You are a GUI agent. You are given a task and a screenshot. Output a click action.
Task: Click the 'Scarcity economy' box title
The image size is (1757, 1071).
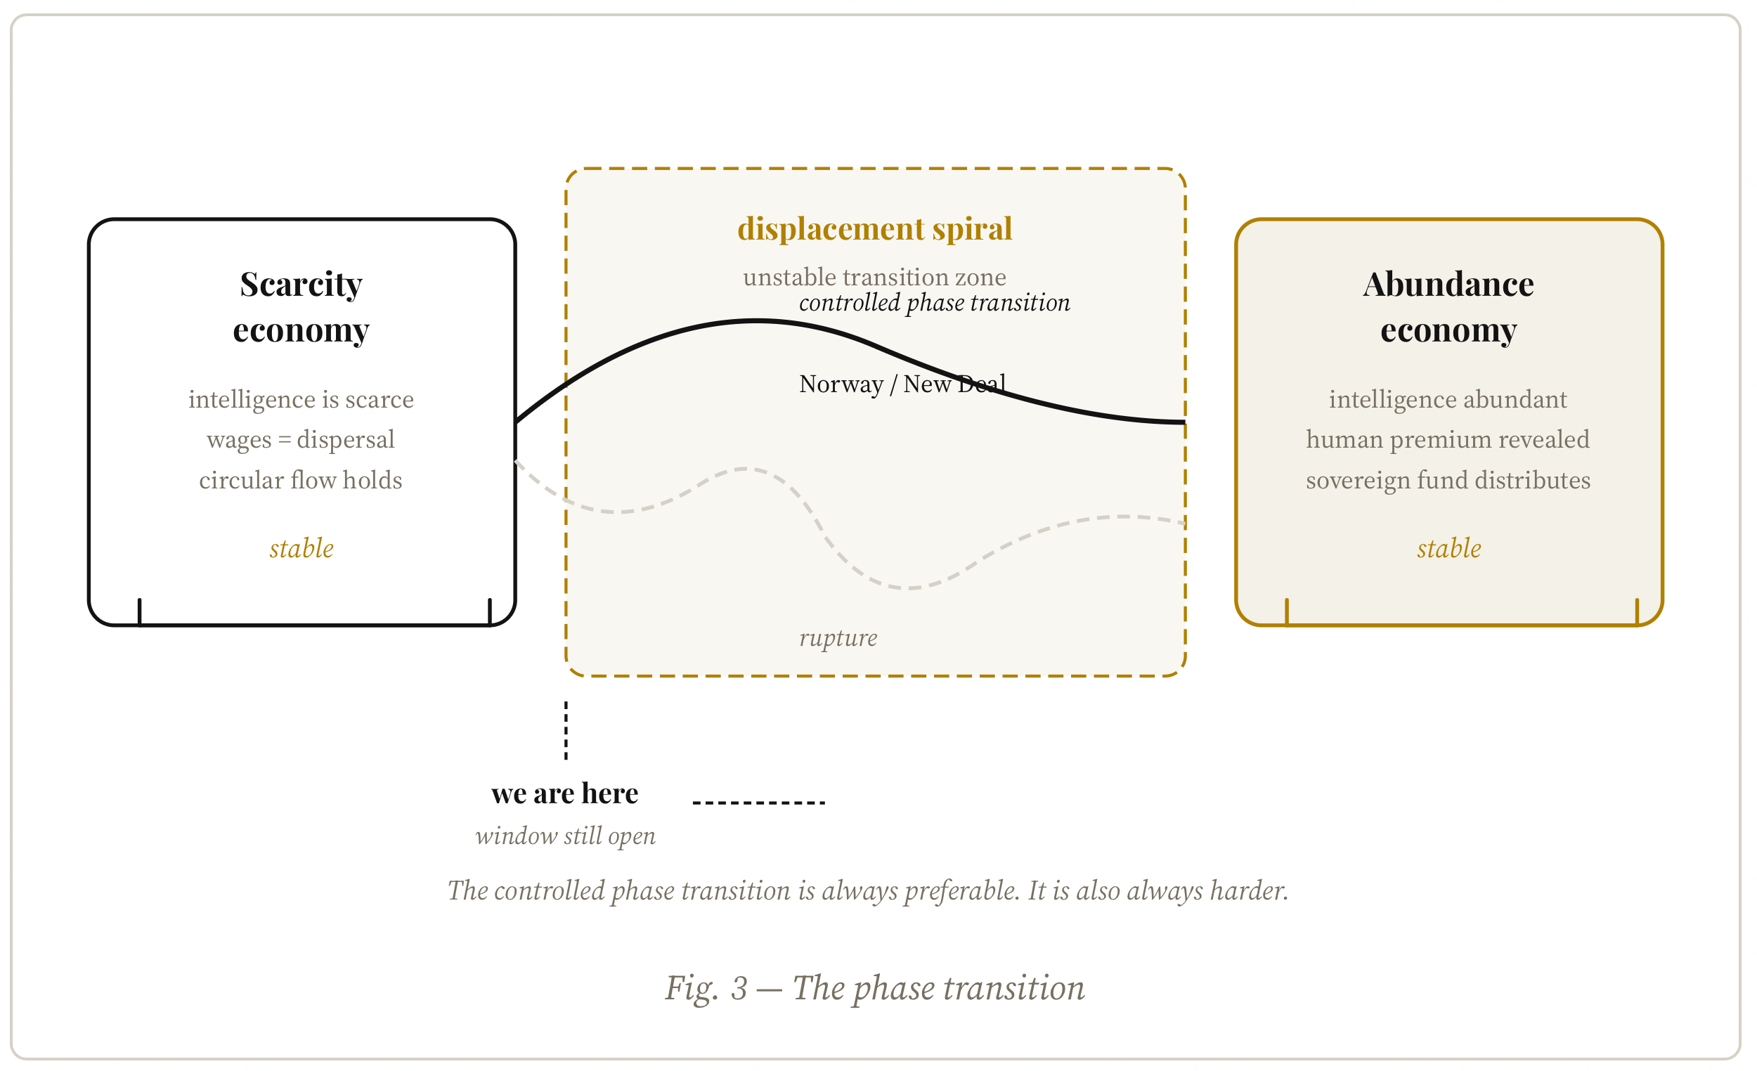point(301,306)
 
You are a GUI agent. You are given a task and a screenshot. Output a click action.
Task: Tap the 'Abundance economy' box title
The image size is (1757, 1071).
point(1448,306)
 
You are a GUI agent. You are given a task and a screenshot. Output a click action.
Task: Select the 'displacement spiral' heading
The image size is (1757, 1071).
point(875,229)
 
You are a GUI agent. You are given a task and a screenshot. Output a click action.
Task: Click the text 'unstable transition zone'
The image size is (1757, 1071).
point(874,277)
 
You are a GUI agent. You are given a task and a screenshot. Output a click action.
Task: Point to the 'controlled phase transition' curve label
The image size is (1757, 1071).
point(934,303)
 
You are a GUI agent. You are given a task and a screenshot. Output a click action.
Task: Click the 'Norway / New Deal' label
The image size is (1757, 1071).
point(902,384)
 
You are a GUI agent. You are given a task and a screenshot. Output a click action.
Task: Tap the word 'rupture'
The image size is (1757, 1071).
point(838,637)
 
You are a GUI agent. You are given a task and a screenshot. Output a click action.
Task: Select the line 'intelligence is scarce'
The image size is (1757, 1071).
point(301,399)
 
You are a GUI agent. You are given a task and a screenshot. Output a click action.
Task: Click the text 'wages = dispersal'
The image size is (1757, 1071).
point(301,440)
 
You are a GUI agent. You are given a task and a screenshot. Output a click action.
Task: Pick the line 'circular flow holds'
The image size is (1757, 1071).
point(301,481)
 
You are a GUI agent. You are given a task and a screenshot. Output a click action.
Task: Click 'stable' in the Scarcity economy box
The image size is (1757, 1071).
point(302,548)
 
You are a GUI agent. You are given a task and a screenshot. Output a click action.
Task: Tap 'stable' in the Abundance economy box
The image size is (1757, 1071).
point(1449,548)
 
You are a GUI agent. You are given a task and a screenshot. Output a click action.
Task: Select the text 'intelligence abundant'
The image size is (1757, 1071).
point(1448,399)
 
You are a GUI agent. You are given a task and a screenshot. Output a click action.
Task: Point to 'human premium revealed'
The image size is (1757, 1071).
point(1448,440)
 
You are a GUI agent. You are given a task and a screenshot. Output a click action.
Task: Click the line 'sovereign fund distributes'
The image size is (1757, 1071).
point(1448,481)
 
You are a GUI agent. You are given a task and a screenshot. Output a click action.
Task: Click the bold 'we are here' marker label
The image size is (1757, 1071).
point(565,793)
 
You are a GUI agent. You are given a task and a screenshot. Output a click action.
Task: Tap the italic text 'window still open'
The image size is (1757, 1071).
point(566,836)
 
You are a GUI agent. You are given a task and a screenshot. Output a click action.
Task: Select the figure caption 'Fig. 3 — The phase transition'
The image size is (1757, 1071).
point(875,988)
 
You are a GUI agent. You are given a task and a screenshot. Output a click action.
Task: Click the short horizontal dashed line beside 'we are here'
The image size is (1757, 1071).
point(759,803)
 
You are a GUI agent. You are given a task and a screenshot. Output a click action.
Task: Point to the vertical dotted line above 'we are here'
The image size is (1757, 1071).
point(566,730)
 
